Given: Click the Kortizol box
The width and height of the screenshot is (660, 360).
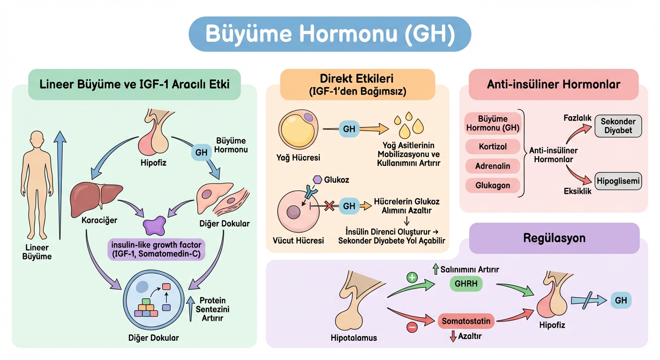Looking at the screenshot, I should pyautogui.click(x=493, y=147).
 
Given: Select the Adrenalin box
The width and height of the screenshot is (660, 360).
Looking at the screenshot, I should pyautogui.click(x=493, y=166).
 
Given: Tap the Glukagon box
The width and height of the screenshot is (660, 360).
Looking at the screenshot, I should pyautogui.click(x=493, y=185).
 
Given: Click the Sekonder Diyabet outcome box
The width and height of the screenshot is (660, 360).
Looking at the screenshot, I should pyautogui.click(x=618, y=126).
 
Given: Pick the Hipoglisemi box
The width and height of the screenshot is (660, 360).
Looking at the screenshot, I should pyautogui.click(x=618, y=181).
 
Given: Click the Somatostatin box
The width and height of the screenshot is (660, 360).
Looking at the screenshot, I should pyautogui.click(x=466, y=321).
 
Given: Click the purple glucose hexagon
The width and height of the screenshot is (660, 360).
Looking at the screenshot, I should pyautogui.click(x=317, y=180).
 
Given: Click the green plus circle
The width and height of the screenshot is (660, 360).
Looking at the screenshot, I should pyautogui.click(x=412, y=277).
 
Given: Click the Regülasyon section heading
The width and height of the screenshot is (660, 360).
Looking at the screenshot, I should pyautogui.click(x=554, y=238).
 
